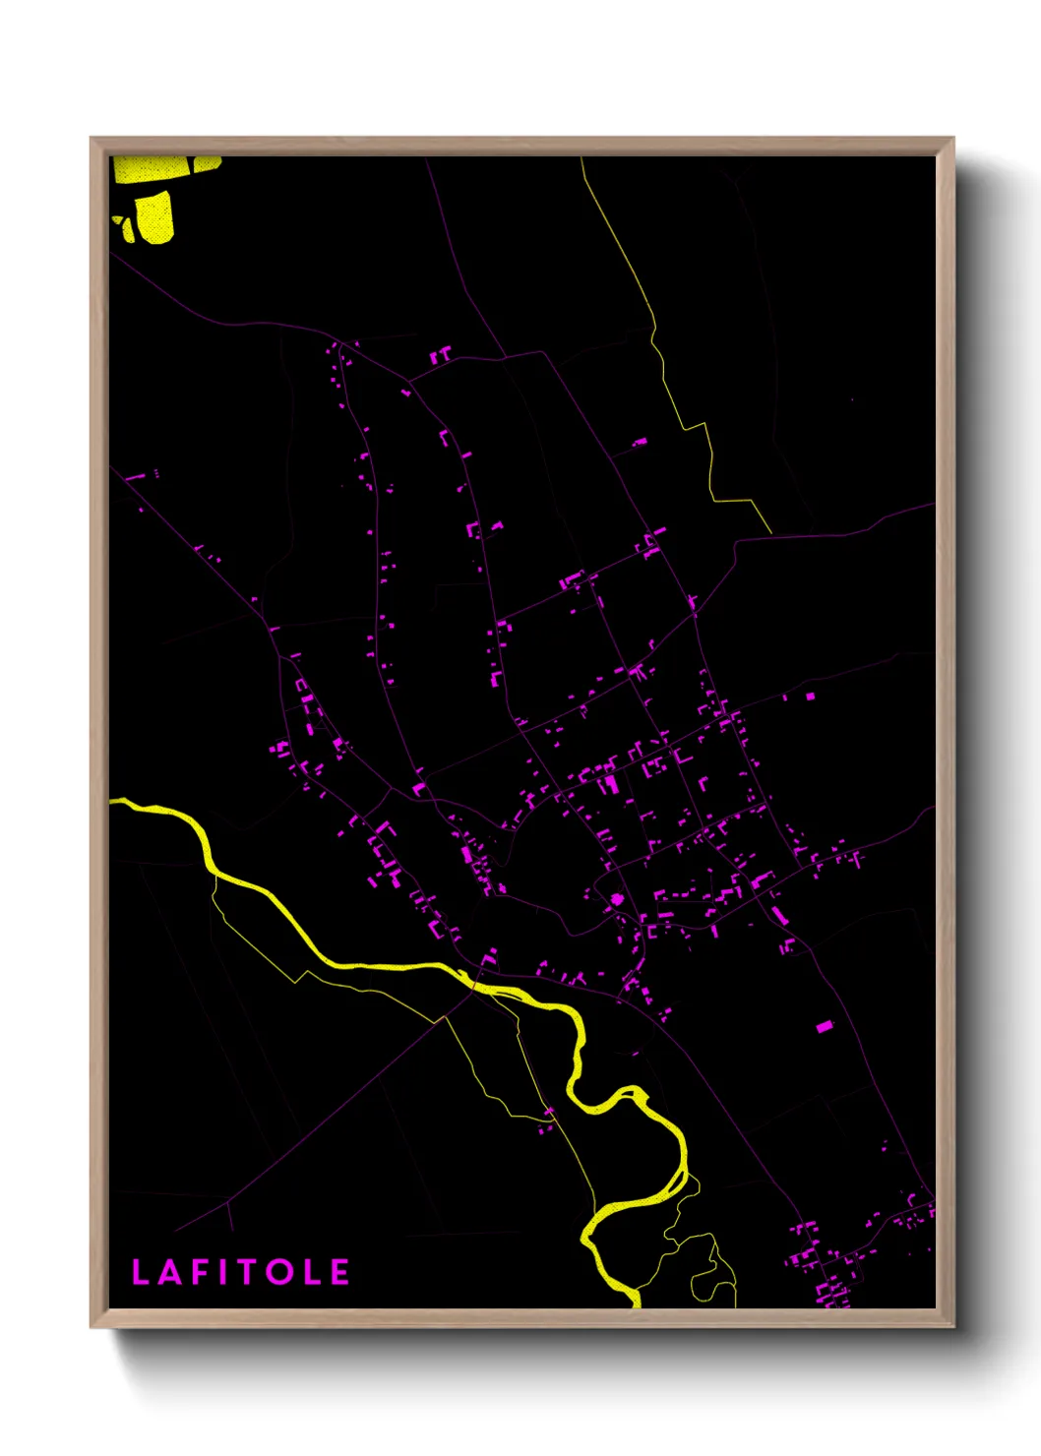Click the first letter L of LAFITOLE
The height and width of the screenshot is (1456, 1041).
(140, 1272)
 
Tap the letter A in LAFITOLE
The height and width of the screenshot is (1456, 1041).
(170, 1272)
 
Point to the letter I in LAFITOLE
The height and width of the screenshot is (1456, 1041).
(221, 1272)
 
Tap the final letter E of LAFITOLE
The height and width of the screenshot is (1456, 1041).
(339, 1272)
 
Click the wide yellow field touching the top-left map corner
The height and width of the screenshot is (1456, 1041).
(148, 168)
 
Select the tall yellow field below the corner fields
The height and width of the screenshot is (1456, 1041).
(154, 216)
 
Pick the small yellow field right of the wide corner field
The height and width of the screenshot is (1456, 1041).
(208, 163)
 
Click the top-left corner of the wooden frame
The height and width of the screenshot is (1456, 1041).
(92, 139)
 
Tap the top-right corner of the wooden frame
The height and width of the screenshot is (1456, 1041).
(952, 139)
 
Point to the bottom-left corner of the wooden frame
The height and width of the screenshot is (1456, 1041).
(92, 1326)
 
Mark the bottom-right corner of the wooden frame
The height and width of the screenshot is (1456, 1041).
(952, 1326)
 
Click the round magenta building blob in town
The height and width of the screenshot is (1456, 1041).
(617, 899)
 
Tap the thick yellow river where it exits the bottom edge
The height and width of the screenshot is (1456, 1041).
(636, 1302)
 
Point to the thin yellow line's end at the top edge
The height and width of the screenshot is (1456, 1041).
(582, 159)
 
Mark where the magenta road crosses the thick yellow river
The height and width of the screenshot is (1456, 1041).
(474, 982)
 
